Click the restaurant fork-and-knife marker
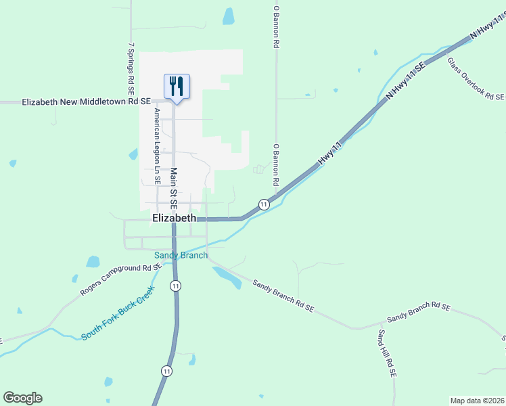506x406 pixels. (177, 87)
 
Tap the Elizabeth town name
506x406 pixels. (175, 218)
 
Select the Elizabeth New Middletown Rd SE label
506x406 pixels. (86, 101)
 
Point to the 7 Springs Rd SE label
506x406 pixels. (131, 69)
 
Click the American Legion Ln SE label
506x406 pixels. (157, 146)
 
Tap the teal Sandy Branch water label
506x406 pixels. (181, 255)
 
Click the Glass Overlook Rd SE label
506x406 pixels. (476, 78)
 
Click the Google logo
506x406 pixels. (22, 398)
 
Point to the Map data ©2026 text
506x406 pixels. (477, 400)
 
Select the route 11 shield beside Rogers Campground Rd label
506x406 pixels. (176, 286)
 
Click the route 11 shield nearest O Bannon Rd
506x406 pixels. (264, 204)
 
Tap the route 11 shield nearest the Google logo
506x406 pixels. (166, 371)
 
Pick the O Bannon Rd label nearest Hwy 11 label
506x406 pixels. (276, 164)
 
